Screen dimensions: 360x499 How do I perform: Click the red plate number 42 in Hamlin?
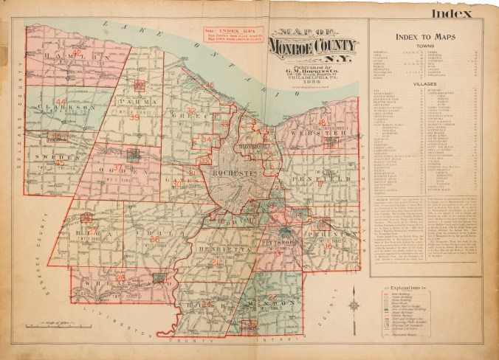tap(76, 53)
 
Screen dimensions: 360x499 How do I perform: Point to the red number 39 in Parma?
tap(134, 117)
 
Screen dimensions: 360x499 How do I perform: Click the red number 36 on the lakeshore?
tap(210, 85)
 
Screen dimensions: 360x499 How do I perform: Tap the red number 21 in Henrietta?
tap(215, 262)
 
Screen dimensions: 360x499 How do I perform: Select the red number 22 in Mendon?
tap(272, 297)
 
